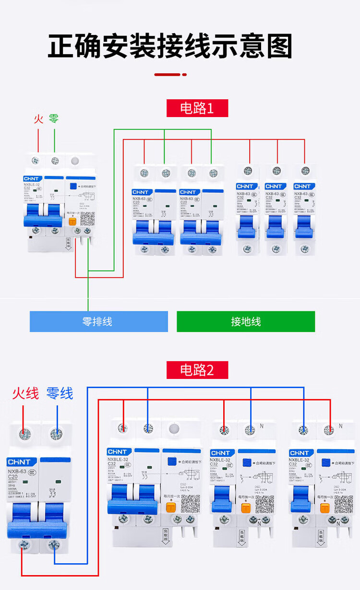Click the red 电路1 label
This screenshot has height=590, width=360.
[197, 108]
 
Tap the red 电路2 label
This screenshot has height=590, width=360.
[197, 370]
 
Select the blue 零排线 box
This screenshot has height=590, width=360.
[99, 321]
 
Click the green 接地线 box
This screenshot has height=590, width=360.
[246, 321]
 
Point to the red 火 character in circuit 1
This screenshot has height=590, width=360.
[38, 118]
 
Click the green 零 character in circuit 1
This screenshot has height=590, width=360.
[54, 118]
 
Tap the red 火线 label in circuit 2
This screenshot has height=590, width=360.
[25, 394]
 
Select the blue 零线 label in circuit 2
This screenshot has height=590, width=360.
[60, 394]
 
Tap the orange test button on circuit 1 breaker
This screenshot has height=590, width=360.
[72, 221]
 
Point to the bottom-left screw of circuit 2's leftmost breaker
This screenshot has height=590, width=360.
[23, 545]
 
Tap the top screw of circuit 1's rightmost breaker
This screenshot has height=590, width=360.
[303, 171]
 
